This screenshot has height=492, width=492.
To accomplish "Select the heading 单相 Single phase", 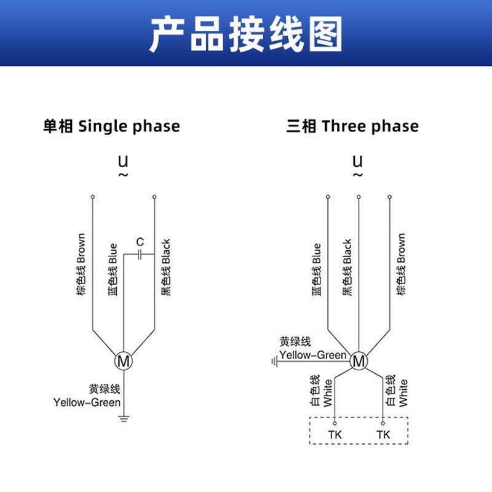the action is click(111, 127).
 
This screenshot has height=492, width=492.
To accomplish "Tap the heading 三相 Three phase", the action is click(352, 127).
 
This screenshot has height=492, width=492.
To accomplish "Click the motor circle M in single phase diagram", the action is click(124, 361).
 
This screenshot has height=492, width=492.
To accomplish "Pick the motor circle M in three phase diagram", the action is click(358, 361).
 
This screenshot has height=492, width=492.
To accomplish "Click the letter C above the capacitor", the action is click(140, 240).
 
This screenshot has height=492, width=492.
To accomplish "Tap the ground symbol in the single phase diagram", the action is click(124, 420).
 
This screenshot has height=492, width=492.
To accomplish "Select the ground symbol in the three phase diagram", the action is click(275, 361).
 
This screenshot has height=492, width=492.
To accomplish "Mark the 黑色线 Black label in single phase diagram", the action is click(165, 268).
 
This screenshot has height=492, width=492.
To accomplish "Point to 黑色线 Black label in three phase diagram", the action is click(347, 268).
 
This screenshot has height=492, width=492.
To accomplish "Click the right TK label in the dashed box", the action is click(383, 435).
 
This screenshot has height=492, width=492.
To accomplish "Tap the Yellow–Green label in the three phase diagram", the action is click(312, 355).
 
